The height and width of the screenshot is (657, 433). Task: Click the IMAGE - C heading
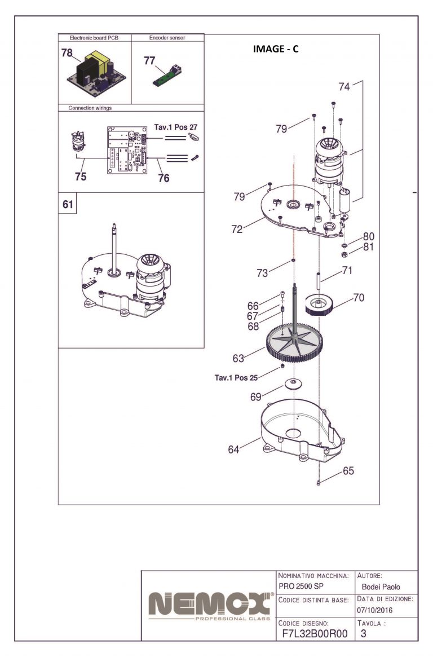point(276,49)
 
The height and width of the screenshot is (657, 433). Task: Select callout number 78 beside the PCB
point(67,53)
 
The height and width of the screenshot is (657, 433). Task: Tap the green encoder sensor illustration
point(167,74)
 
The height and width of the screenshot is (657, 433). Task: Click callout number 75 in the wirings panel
point(81,176)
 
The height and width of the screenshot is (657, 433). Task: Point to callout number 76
point(164,178)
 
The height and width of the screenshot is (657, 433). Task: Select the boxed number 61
point(68,205)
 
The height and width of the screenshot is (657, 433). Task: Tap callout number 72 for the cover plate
point(237,229)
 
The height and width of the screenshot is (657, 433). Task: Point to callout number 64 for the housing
point(233,449)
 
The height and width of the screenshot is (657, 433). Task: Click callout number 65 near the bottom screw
point(348,470)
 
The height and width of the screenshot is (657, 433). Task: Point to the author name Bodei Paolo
point(381,587)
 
